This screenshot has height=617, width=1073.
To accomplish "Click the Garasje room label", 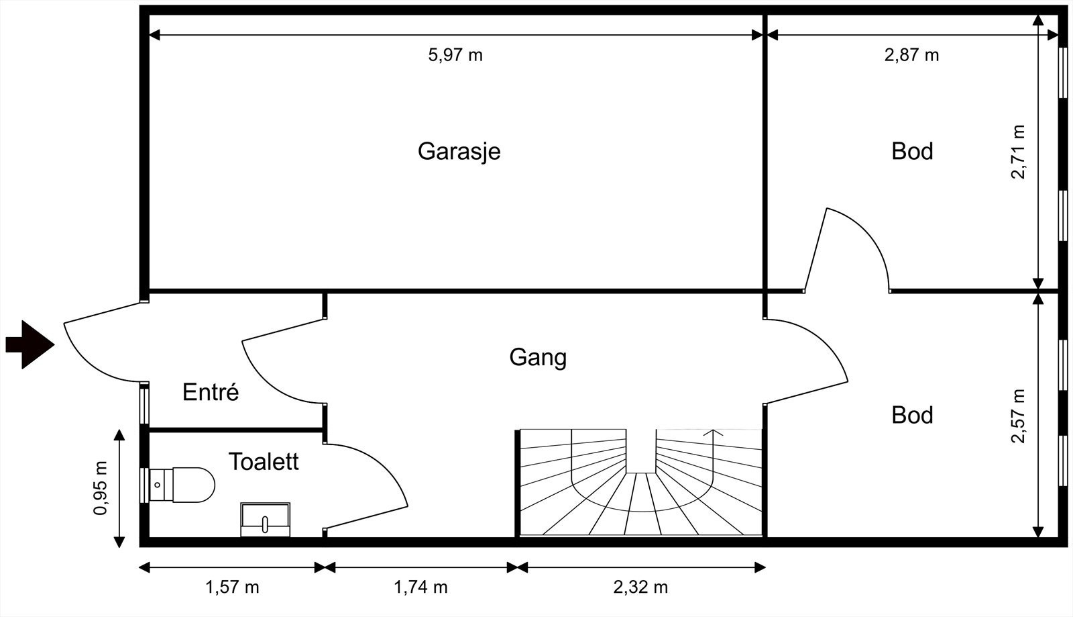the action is coord(459,152).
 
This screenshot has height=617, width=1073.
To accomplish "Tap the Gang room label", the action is coord(538,358).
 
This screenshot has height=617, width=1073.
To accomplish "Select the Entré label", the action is coord(211,391).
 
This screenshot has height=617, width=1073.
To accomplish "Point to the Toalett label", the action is coord(264,462).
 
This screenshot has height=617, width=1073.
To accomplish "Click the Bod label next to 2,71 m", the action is coord(912,152).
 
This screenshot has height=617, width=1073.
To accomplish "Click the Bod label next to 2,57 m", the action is coord(912,415).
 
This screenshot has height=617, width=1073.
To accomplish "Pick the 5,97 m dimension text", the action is coord(455,55).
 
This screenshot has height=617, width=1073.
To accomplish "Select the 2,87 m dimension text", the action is coord(911,55).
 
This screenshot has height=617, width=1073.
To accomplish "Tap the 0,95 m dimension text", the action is coord(101,488).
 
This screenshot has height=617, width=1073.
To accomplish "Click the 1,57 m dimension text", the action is coord(232,587).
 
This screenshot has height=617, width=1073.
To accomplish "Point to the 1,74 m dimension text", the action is coord(420,587).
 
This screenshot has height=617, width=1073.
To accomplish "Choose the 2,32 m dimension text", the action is coord(640,587).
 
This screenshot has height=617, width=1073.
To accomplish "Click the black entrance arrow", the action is coord(30,344).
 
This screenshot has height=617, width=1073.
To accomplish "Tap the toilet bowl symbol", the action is coord(182,485).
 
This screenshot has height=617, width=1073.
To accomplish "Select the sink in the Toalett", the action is coord(265,519).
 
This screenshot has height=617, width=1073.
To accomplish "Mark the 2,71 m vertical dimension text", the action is coord(1017,152).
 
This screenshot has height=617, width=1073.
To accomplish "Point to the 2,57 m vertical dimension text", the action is coord(1017,416).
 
